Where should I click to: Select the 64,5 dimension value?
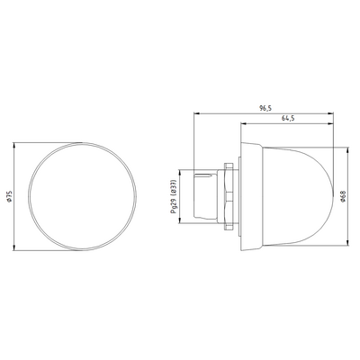pyautogui.click(x=289, y=119)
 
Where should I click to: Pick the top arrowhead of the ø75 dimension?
pyautogui.click(x=19, y=142)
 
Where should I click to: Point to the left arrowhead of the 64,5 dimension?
pyautogui.click(x=241, y=124)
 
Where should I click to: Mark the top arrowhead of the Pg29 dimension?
pyautogui.click(x=183, y=166)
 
